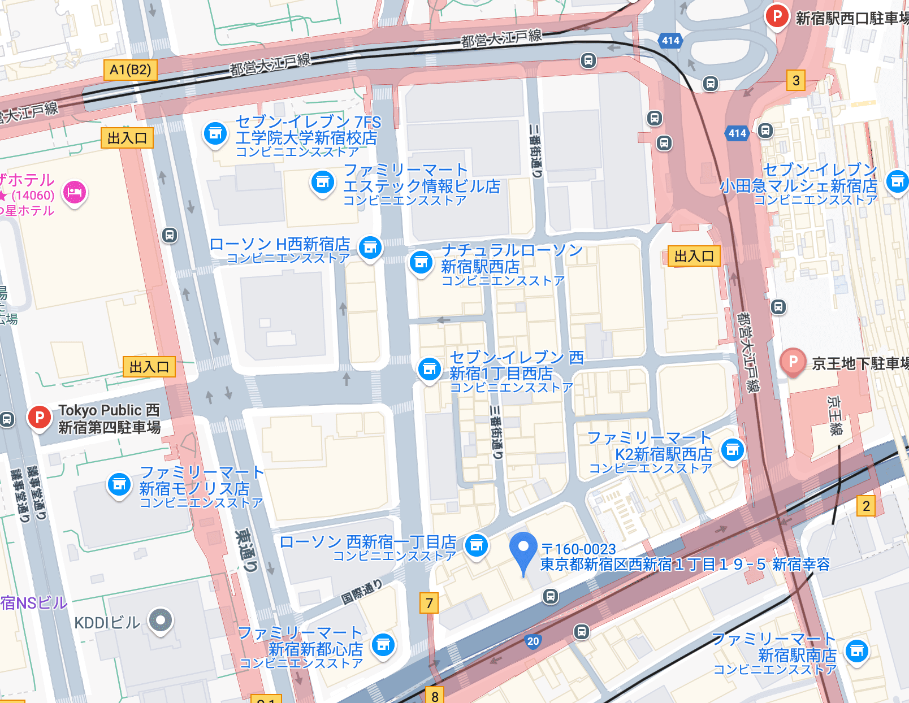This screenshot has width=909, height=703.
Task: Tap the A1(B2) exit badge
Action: [131, 70]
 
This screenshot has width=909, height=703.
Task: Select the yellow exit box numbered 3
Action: [796, 80]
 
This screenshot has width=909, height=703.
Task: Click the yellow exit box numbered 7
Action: [429, 603]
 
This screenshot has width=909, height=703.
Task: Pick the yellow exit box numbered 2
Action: [866, 506]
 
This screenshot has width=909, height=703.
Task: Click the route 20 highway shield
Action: [533, 641]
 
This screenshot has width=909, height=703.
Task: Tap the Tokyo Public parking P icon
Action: [40, 418]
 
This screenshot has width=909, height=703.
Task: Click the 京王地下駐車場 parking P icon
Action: [793, 361]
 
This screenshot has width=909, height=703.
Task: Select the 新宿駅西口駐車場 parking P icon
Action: [777, 16]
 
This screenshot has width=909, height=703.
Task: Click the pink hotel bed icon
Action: [75, 193]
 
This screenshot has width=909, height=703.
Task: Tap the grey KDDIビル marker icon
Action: [161, 620]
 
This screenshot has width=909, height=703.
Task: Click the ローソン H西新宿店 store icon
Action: [370, 248]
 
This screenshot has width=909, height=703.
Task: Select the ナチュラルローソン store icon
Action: [421, 262]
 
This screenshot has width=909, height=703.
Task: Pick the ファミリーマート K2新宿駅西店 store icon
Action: [733, 450]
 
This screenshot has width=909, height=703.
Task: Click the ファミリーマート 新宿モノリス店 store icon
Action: [119, 485]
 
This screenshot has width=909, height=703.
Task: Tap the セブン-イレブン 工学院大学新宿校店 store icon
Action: [215, 134]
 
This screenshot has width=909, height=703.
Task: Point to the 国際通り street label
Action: [362, 591]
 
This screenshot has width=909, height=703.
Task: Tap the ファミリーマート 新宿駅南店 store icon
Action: [857, 652]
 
